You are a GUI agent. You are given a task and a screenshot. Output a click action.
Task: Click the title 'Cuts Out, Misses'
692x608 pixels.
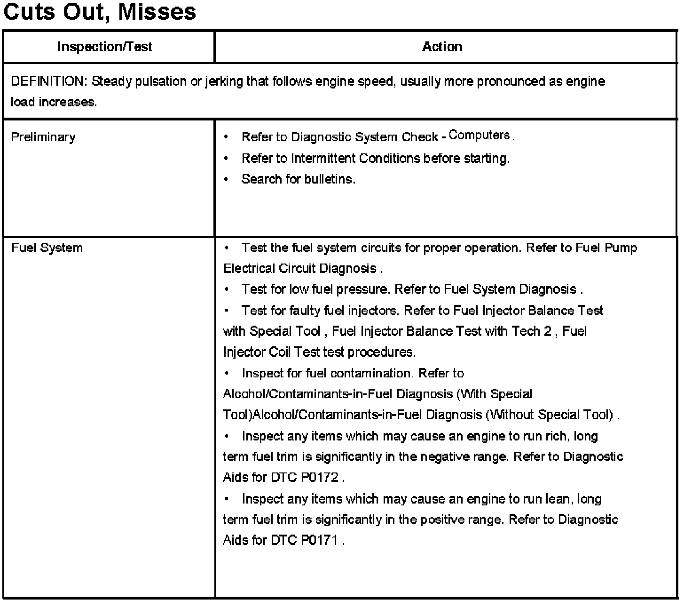[99, 11]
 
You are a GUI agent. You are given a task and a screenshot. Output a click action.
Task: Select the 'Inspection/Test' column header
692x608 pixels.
[105, 47]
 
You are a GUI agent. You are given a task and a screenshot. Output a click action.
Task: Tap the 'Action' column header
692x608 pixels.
[442, 47]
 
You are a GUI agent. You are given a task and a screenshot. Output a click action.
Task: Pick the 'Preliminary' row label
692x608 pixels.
[43, 137]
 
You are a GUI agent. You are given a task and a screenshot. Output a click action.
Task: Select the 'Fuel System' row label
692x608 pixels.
[47, 248]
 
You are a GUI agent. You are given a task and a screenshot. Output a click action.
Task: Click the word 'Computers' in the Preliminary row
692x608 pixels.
[479, 135]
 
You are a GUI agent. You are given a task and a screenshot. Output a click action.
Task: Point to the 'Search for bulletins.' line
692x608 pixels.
[298, 179]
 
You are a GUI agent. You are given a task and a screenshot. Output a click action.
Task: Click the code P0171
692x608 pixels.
[320, 540]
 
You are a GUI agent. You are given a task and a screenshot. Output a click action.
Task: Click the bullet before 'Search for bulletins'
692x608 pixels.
[227, 179]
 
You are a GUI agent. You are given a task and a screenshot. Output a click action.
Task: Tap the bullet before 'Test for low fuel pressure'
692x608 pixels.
[227, 289]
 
